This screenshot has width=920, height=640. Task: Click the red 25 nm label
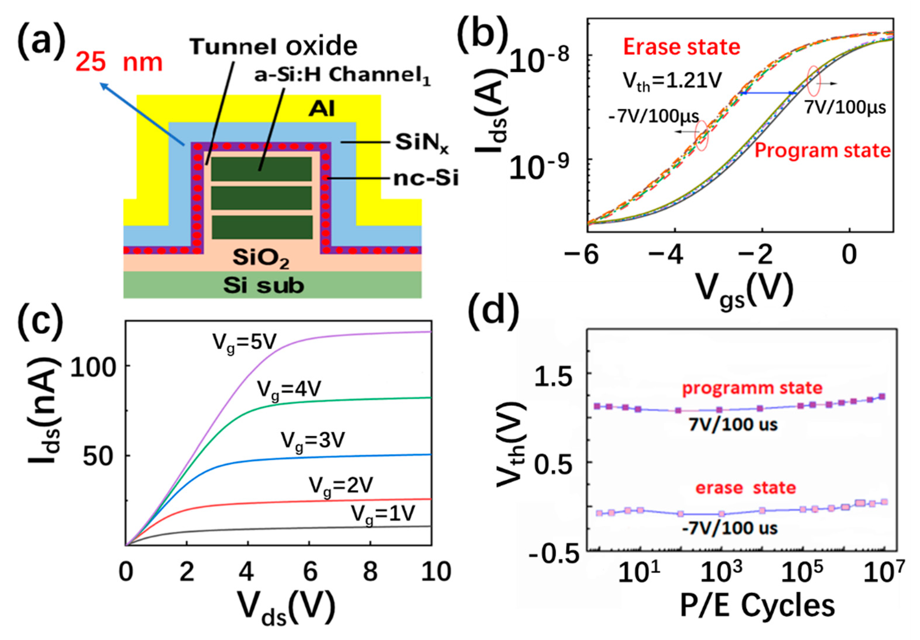119,62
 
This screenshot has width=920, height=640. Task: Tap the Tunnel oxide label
274,46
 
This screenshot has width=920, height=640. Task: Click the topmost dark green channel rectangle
261,169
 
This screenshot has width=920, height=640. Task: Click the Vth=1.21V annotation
672,81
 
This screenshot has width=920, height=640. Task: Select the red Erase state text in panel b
681,47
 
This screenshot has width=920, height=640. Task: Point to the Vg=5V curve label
244,343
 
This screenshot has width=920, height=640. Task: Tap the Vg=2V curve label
341,486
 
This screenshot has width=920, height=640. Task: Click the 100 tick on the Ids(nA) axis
93,367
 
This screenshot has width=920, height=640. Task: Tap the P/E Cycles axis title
757,606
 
